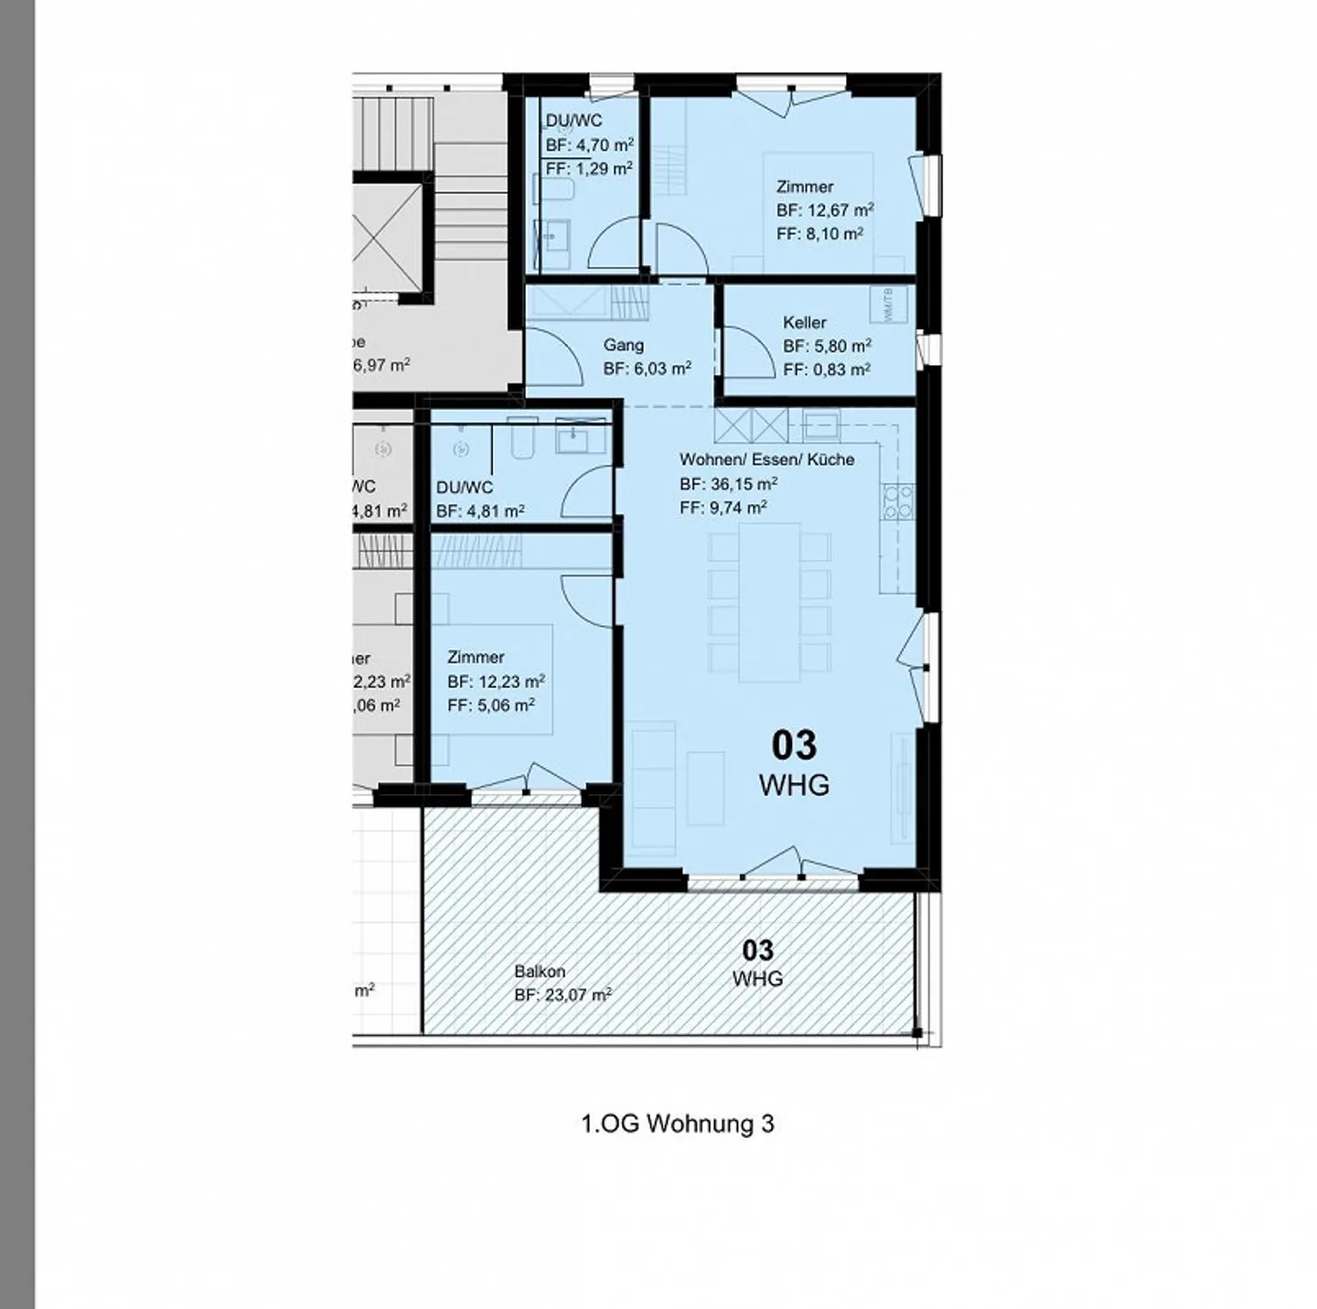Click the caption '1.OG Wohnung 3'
(x=678, y=1123)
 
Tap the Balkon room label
(x=540, y=971)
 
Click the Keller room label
(x=804, y=323)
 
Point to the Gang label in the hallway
(x=623, y=345)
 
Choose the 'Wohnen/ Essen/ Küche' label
(x=766, y=459)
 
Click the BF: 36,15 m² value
(x=728, y=484)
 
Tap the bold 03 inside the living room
(x=794, y=746)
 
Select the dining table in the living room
(x=769, y=602)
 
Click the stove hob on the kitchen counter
(x=897, y=501)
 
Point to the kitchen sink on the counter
(x=821, y=424)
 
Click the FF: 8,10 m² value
(x=819, y=234)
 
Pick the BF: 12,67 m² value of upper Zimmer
(x=825, y=210)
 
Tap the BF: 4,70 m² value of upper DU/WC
(x=590, y=145)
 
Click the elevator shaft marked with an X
(x=388, y=234)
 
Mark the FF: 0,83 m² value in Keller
(x=826, y=370)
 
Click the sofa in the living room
(x=653, y=787)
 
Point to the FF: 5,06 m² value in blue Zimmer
(x=491, y=705)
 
